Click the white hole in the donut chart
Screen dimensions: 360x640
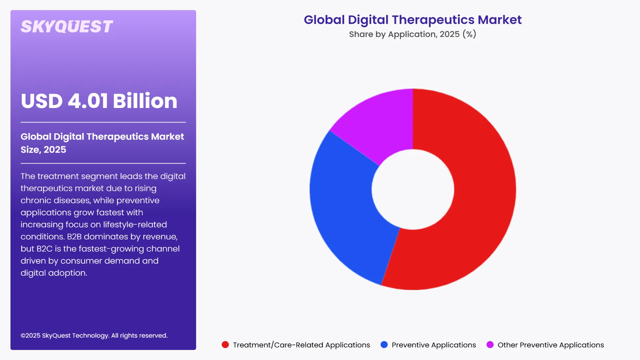coord(413,189)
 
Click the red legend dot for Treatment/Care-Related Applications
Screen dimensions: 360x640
coord(225,345)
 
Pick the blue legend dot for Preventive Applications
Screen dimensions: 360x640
coord(384,345)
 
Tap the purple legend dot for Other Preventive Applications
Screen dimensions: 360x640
coord(490,345)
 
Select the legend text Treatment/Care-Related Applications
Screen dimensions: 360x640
coord(301,345)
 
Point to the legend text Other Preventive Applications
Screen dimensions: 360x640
coord(551,345)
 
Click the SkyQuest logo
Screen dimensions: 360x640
coord(67,27)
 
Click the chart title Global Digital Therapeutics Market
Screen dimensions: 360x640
coord(413,20)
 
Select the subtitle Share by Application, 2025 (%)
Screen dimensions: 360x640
coord(413,34)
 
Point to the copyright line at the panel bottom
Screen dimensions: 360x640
coord(94,336)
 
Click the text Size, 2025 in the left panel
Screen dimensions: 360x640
coord(43,150)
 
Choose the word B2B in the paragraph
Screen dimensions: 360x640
coord(74,237)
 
